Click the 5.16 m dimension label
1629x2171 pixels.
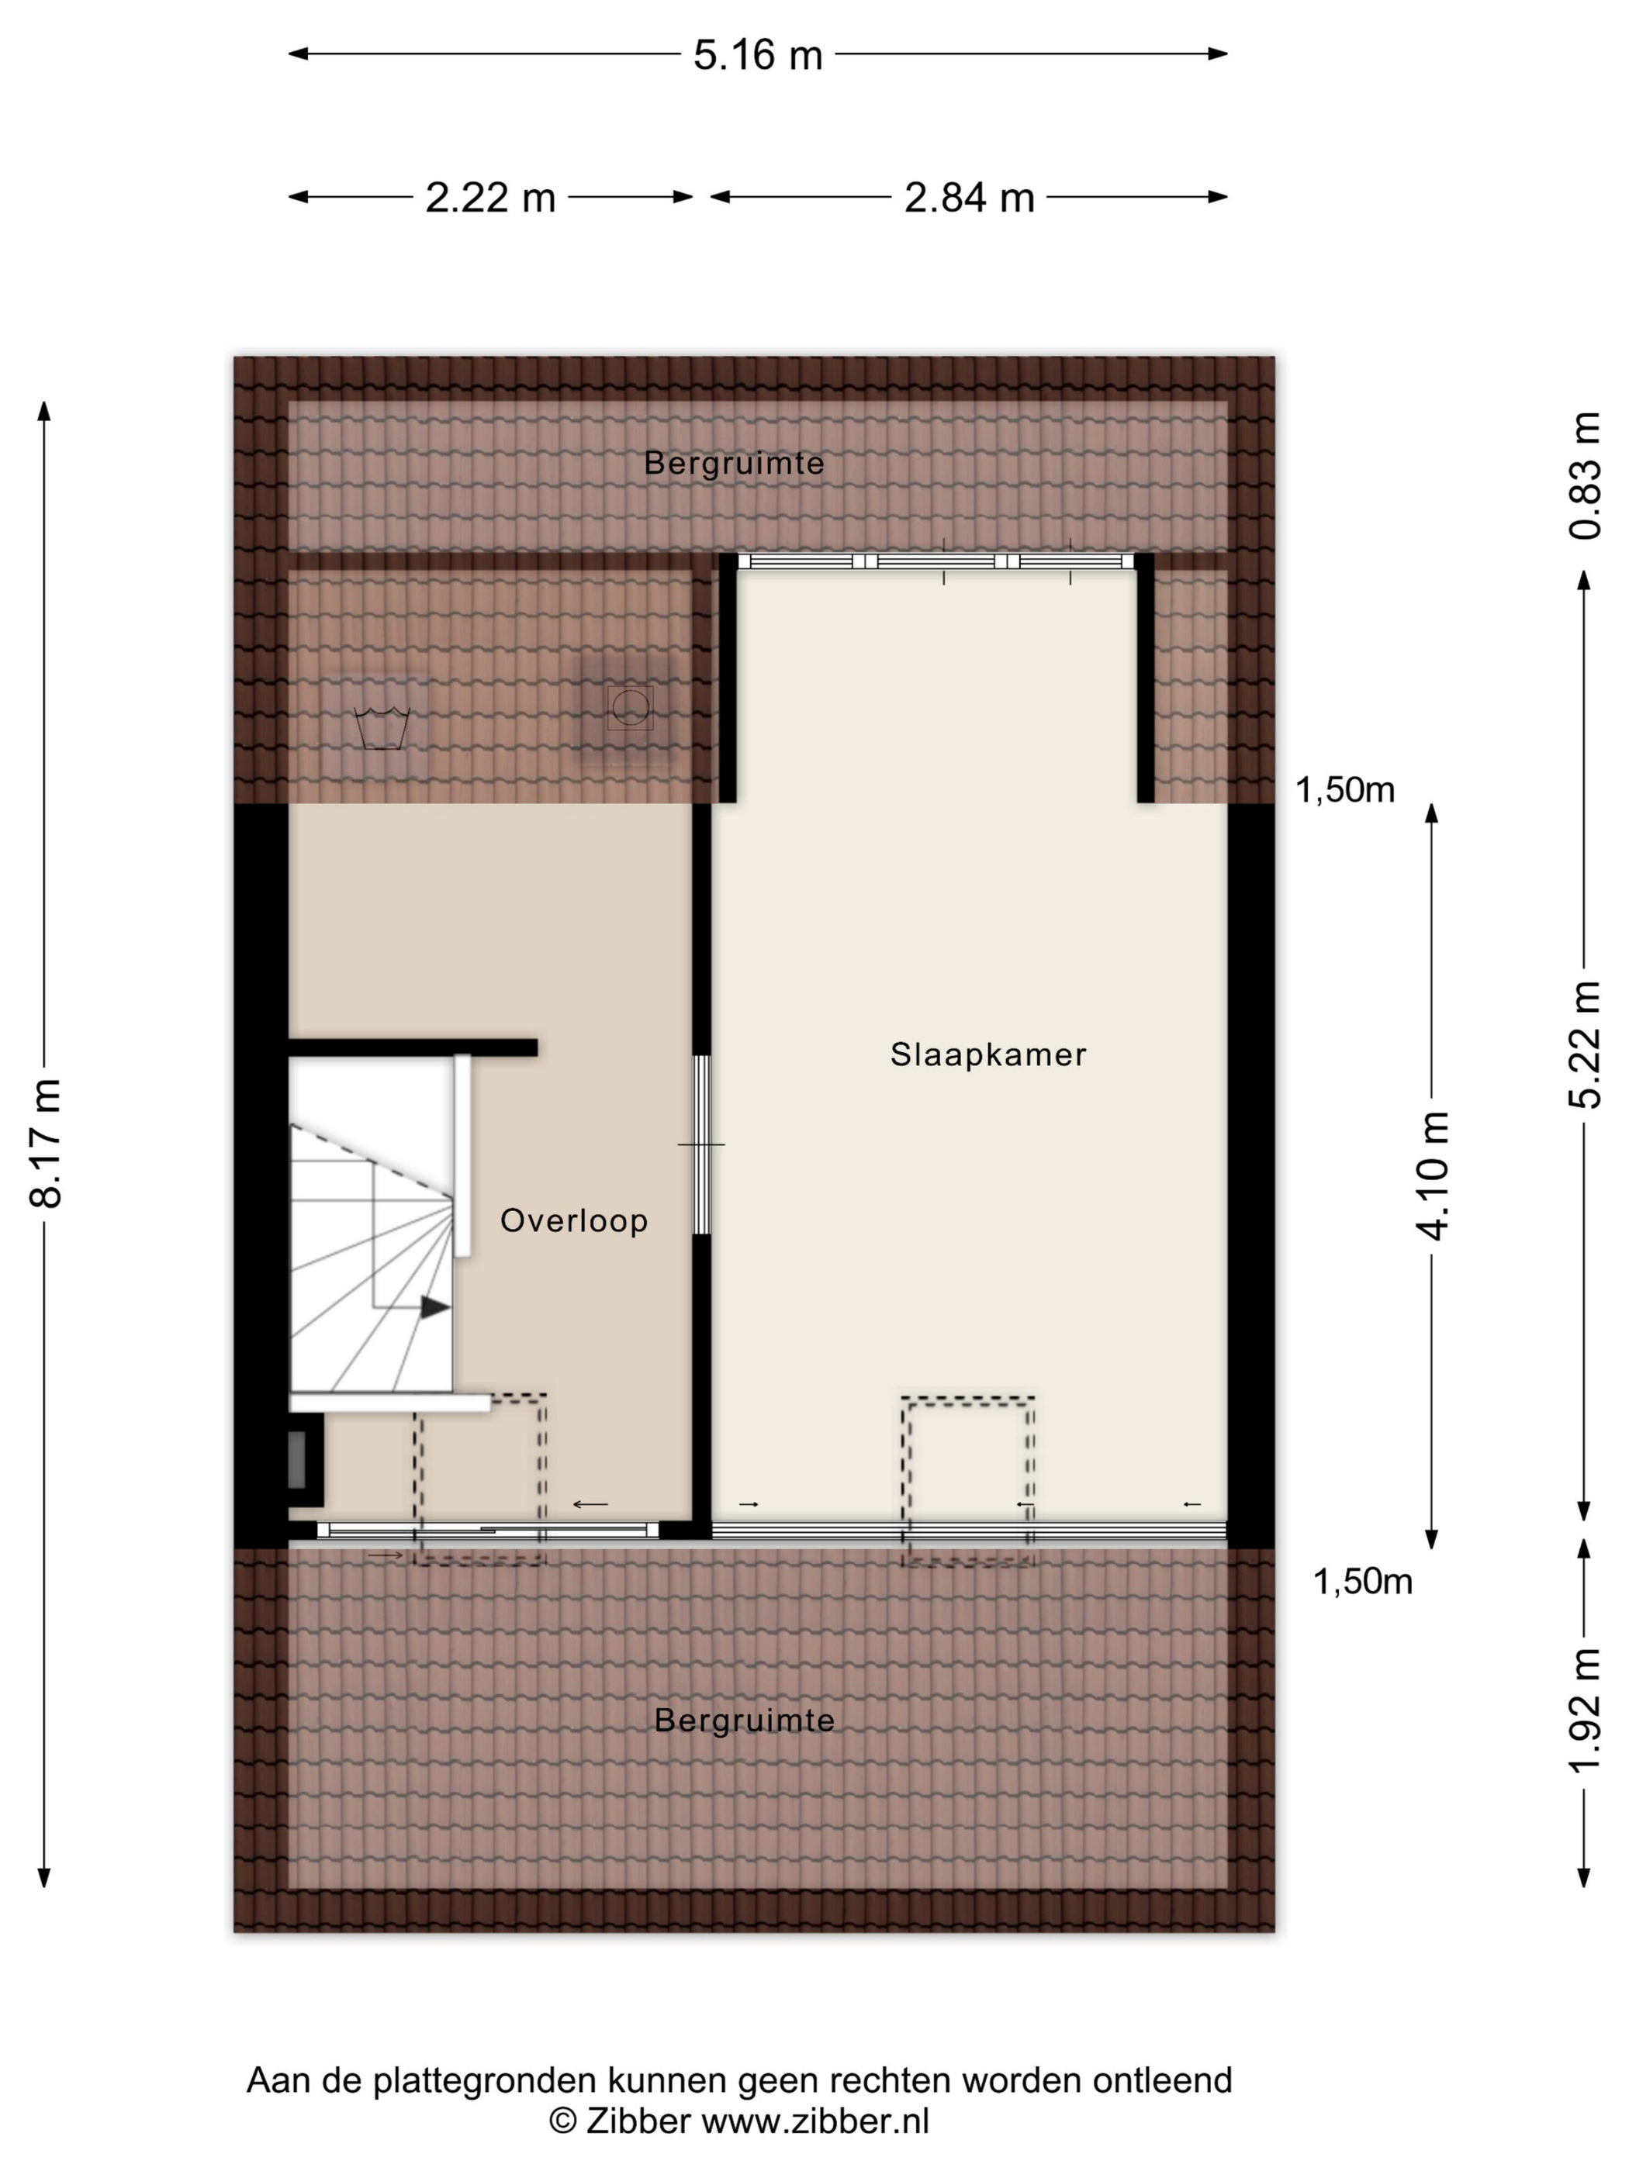(x=757, y=55)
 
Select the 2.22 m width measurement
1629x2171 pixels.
(x=490, y=197)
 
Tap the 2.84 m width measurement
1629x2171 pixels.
(x=969, y=197)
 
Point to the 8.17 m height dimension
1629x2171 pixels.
(x=46, y=1142)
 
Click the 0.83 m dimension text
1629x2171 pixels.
(x=1585, y=476)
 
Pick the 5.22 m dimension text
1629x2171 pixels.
(x=1585, y=1044)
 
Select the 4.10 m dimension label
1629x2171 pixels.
(x=1433, y=1175)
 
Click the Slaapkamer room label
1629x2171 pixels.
(x=987, y=1054)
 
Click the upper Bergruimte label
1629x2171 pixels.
(x=734, y=463)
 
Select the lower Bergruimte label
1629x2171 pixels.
(x=744, y=1720)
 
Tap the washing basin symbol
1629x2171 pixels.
(x=381, y=727)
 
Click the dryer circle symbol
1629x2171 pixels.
(x=628, y=708)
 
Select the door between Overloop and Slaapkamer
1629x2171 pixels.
(x=701, y=1144)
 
